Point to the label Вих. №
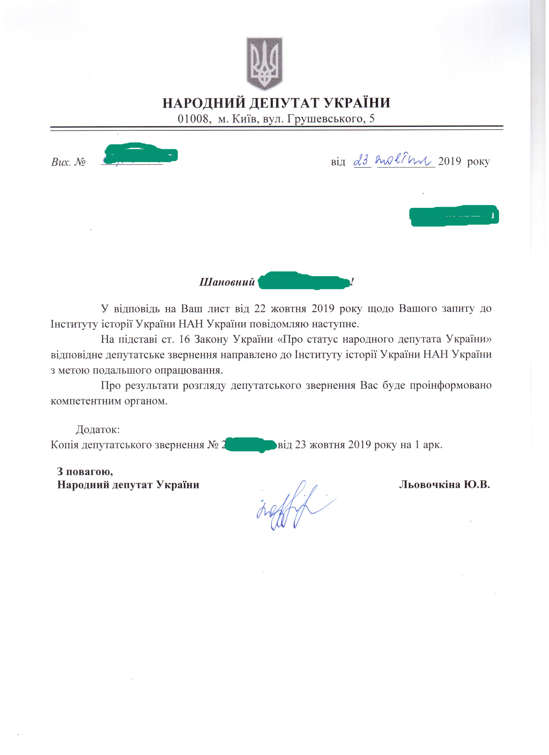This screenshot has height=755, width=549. [x=68, y=162]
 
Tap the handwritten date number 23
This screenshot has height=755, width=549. [x=362, y=162]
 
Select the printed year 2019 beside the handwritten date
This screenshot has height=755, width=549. [x=449, y=162]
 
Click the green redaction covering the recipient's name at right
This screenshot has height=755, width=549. [x=454, y=216]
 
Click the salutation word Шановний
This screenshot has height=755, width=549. [x=227, y=282]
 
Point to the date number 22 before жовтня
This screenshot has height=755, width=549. [x=260, y=309]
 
